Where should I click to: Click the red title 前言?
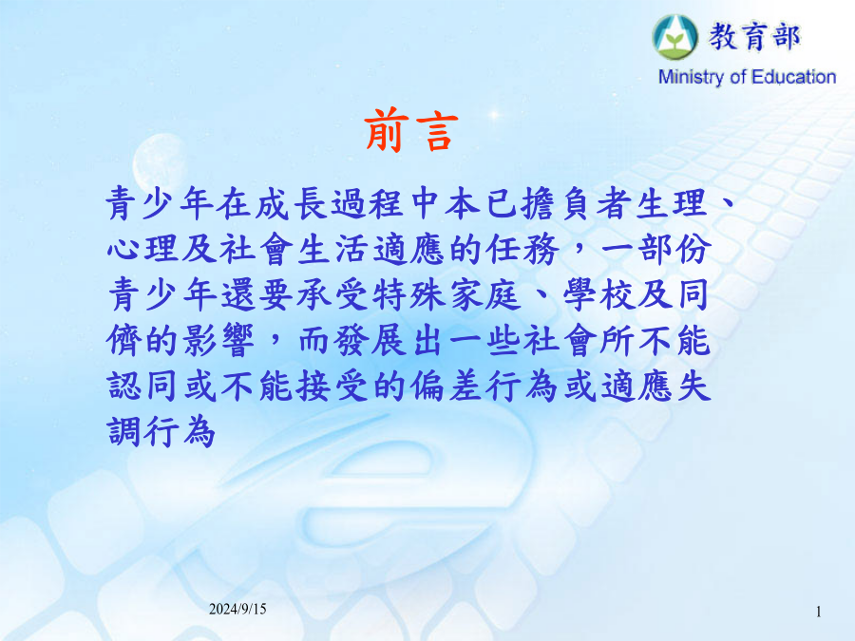click(x=411, y=130)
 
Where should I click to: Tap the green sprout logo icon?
click(x=675, y=37)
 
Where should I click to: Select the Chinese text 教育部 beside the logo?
click(x=754, y=37)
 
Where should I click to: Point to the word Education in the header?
click(x=793, y=77)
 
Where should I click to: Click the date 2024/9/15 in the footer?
click(x=237, y=609)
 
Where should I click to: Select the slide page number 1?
click(x=819, y=612)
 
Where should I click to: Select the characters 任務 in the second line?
click(x=522, y=250)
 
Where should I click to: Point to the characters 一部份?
click(x=655, y=250)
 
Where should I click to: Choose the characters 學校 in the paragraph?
click(x=599, y=296)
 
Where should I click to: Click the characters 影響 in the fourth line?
click(x=218, y=342)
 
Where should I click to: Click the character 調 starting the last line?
click(x=124, y=433)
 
